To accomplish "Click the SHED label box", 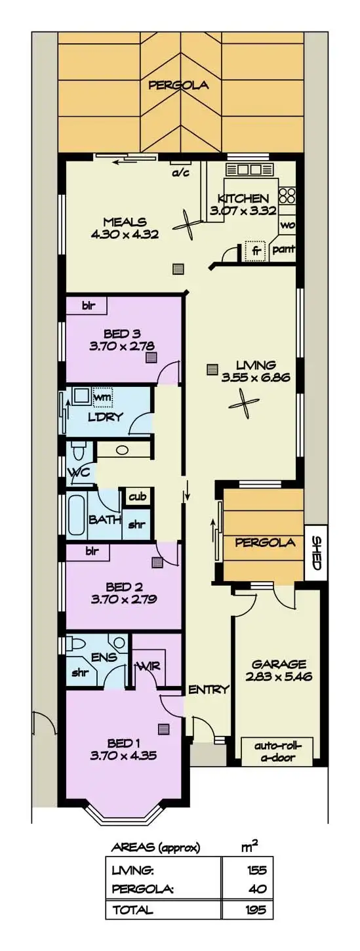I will (x=315, y=553).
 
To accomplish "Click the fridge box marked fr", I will (x=254, y=251).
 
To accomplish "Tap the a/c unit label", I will (x=179, y=172).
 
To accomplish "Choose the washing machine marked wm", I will (x=102, y=397).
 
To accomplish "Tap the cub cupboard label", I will (x=137, y=496).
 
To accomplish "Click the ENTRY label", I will (x=208, y=689).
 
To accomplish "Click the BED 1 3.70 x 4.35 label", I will (x=124, y=749).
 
